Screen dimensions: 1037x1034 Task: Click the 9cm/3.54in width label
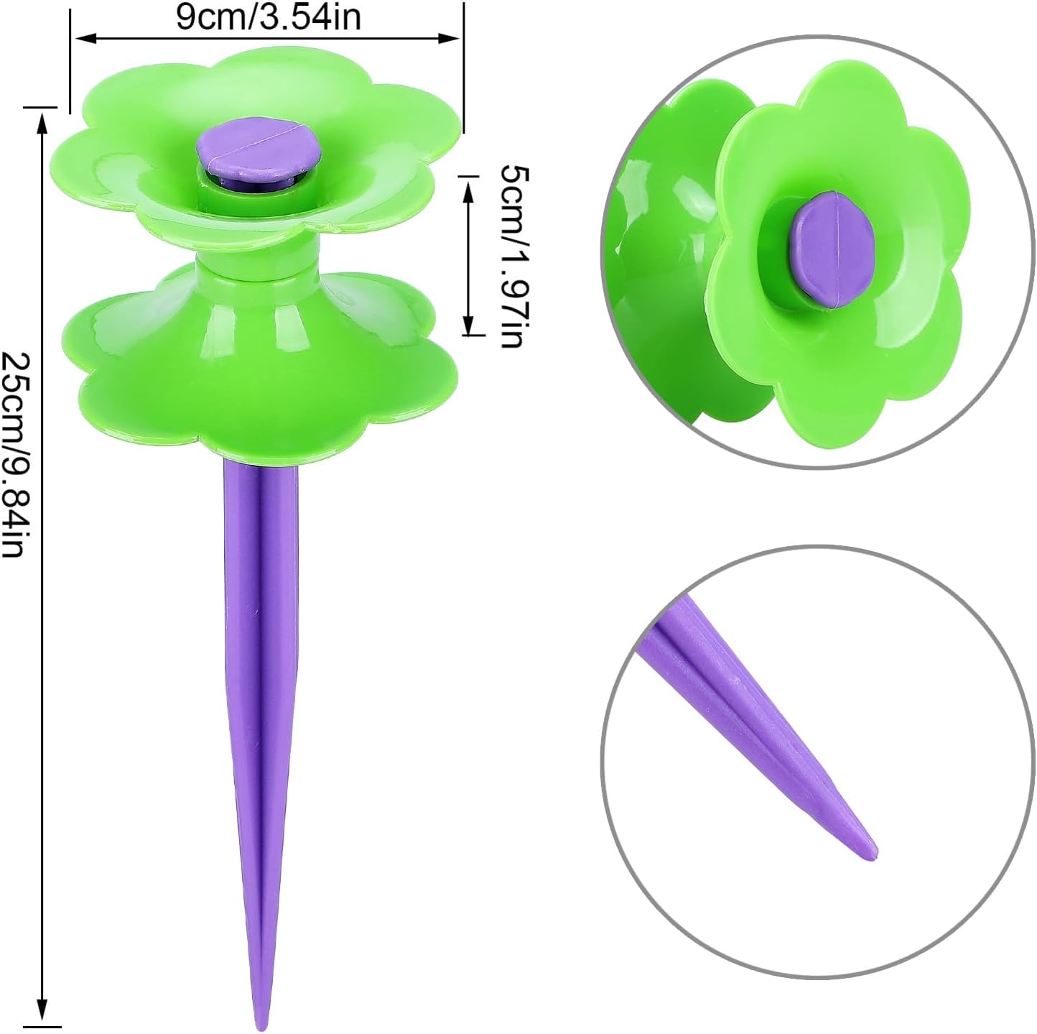click(269, 18)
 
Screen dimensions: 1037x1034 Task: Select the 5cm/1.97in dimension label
click(515, 255)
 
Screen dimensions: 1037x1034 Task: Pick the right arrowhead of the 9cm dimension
click(451, 38)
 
